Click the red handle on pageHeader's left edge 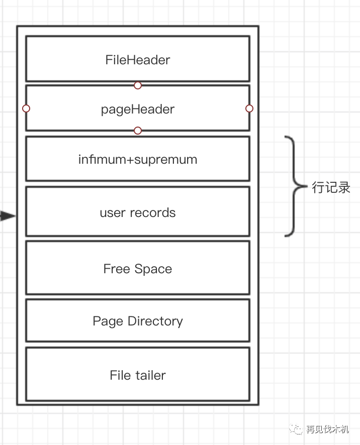click(26, 108)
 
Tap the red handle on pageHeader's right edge click(249, 108)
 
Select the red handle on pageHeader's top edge click(138, 85)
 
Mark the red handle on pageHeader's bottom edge click(138, 131)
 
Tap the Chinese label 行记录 click(331, 188)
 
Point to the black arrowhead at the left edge click(7, 216)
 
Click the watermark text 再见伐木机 click(327, 429)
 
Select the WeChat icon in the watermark click(296, 429)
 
